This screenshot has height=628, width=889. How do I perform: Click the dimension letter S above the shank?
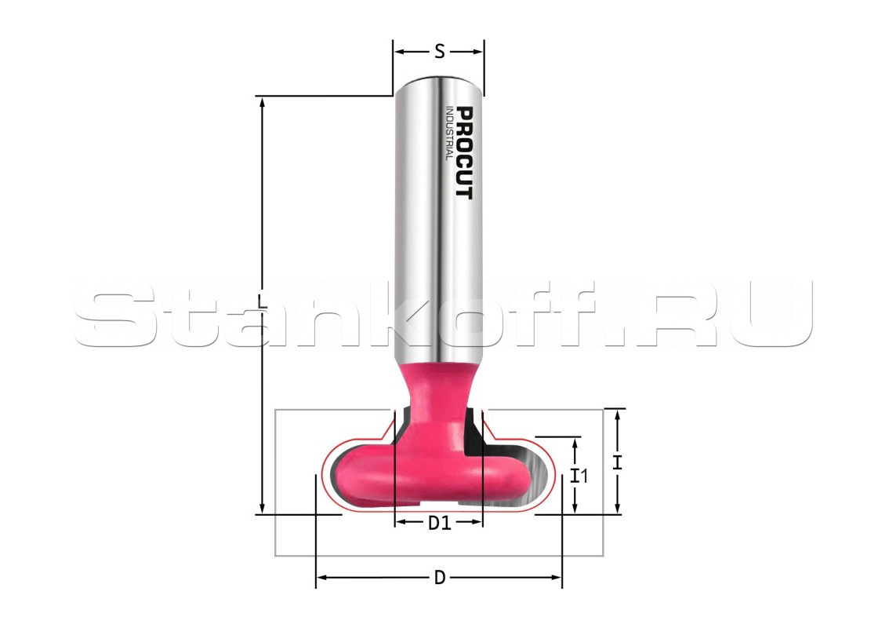439,52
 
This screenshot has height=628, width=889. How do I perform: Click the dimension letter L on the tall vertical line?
262,301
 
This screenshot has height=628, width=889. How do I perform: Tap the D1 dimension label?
439,523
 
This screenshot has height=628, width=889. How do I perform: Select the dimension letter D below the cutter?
439,578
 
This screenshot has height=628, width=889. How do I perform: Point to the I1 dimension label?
579,476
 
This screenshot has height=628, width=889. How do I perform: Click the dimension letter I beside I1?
618,462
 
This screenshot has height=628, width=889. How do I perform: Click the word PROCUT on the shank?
464,153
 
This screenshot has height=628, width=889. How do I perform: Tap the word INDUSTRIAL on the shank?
448,133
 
